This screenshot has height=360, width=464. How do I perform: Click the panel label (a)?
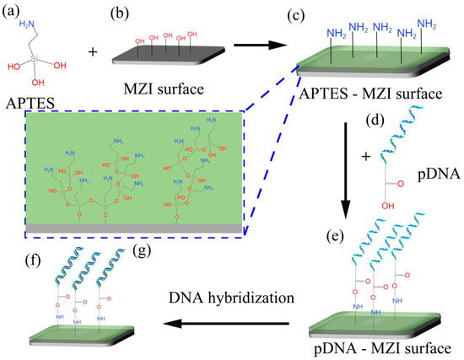[x=15, y=13]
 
